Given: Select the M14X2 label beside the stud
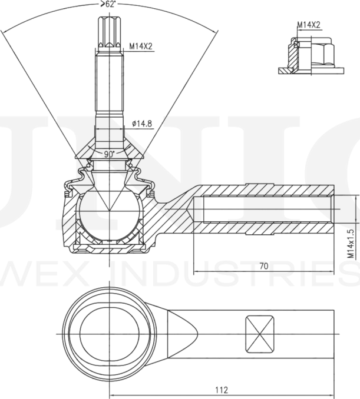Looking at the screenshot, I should point(142,45).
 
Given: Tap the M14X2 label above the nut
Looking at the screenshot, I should point(308,25).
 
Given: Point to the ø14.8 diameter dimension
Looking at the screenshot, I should point(141,124).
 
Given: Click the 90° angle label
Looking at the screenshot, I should point(109,154).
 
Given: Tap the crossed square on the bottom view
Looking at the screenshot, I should point(260,334).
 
